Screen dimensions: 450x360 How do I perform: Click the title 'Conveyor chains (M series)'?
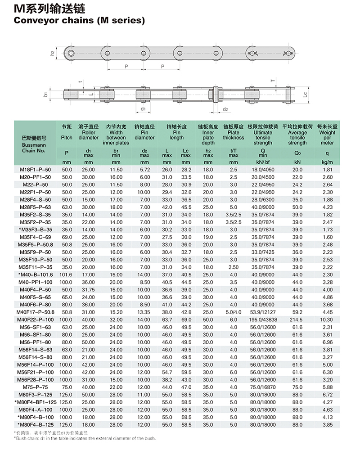coord(80,20)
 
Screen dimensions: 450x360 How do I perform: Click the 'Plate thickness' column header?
coord(233,135)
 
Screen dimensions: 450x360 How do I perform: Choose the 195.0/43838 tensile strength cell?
coord(263,319)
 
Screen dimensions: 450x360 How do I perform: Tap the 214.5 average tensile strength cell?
coord(297,319)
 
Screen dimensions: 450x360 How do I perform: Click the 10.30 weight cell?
coord(327,319)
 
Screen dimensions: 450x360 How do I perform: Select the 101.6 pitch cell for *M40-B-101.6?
coord(67,274)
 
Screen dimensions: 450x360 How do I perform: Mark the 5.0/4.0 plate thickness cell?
coord(233,312)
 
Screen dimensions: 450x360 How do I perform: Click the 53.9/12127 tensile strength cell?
coord(263,312)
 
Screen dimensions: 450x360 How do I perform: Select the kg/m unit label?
coord(327,162)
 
